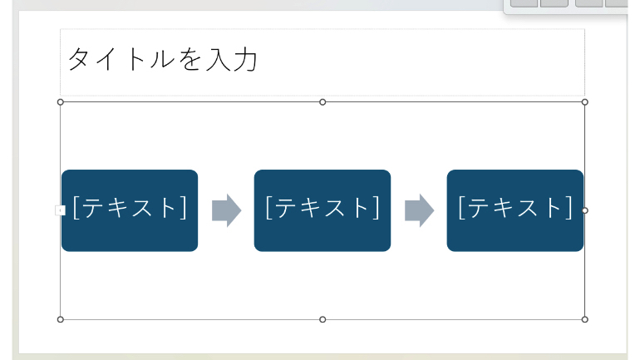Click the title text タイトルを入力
162,60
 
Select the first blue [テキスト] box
130,210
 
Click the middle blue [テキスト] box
322,210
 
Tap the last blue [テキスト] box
515,210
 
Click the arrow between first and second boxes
227,210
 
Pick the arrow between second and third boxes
419,210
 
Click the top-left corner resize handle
61,102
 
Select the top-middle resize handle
322,102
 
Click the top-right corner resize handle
585,102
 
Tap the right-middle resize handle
585,210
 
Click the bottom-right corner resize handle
585,319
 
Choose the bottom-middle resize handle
322,319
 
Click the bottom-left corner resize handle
61,319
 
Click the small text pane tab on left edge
60,210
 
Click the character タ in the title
78,60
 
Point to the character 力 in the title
245,60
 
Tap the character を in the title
190,60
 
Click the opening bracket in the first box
76,208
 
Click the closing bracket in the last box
569,208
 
